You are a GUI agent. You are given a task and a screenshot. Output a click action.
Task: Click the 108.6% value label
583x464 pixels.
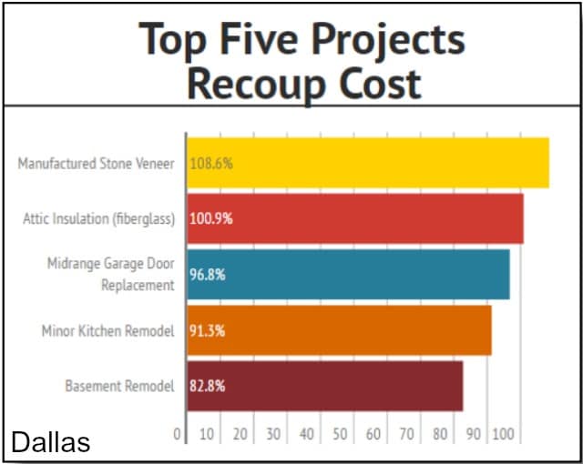click(211, 164)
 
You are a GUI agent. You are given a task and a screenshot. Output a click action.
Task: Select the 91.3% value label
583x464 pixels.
click(208, 331)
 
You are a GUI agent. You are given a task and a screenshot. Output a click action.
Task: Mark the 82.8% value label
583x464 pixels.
click(208, 387)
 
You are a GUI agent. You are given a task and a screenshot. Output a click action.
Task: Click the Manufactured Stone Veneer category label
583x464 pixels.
click(96, 164)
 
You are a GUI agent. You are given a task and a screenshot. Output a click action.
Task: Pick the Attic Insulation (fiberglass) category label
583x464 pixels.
click(98, 219)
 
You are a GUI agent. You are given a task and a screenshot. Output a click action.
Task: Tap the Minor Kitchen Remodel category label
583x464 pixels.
click(107, 331)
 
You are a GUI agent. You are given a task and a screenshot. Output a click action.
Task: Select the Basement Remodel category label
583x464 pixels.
click(119, 387)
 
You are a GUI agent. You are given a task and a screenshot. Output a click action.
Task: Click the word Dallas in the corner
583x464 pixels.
click(50, 443)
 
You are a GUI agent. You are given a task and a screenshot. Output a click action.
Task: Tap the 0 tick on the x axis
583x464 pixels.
click(179, 435)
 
